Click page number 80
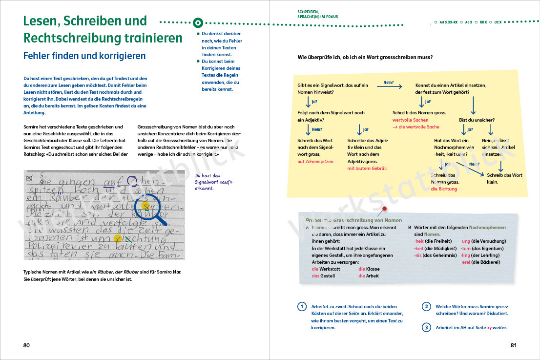pos(26,345)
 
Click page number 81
pos(513,345)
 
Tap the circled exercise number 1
pos(302,307)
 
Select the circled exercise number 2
pos(426,307)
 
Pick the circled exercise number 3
pos(426,327)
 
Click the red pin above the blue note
pos(384,209)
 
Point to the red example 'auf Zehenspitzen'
pos(315,162)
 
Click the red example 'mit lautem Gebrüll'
pos(367,169)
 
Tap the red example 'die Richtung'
pos(444,189)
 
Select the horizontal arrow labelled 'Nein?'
pos(389,86)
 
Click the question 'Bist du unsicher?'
pos(477,120)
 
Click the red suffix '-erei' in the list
pos(466,262)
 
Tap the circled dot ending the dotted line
pos(198,22)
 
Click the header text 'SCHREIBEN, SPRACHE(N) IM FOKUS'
pos(317,14)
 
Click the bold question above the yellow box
pos(365,57)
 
